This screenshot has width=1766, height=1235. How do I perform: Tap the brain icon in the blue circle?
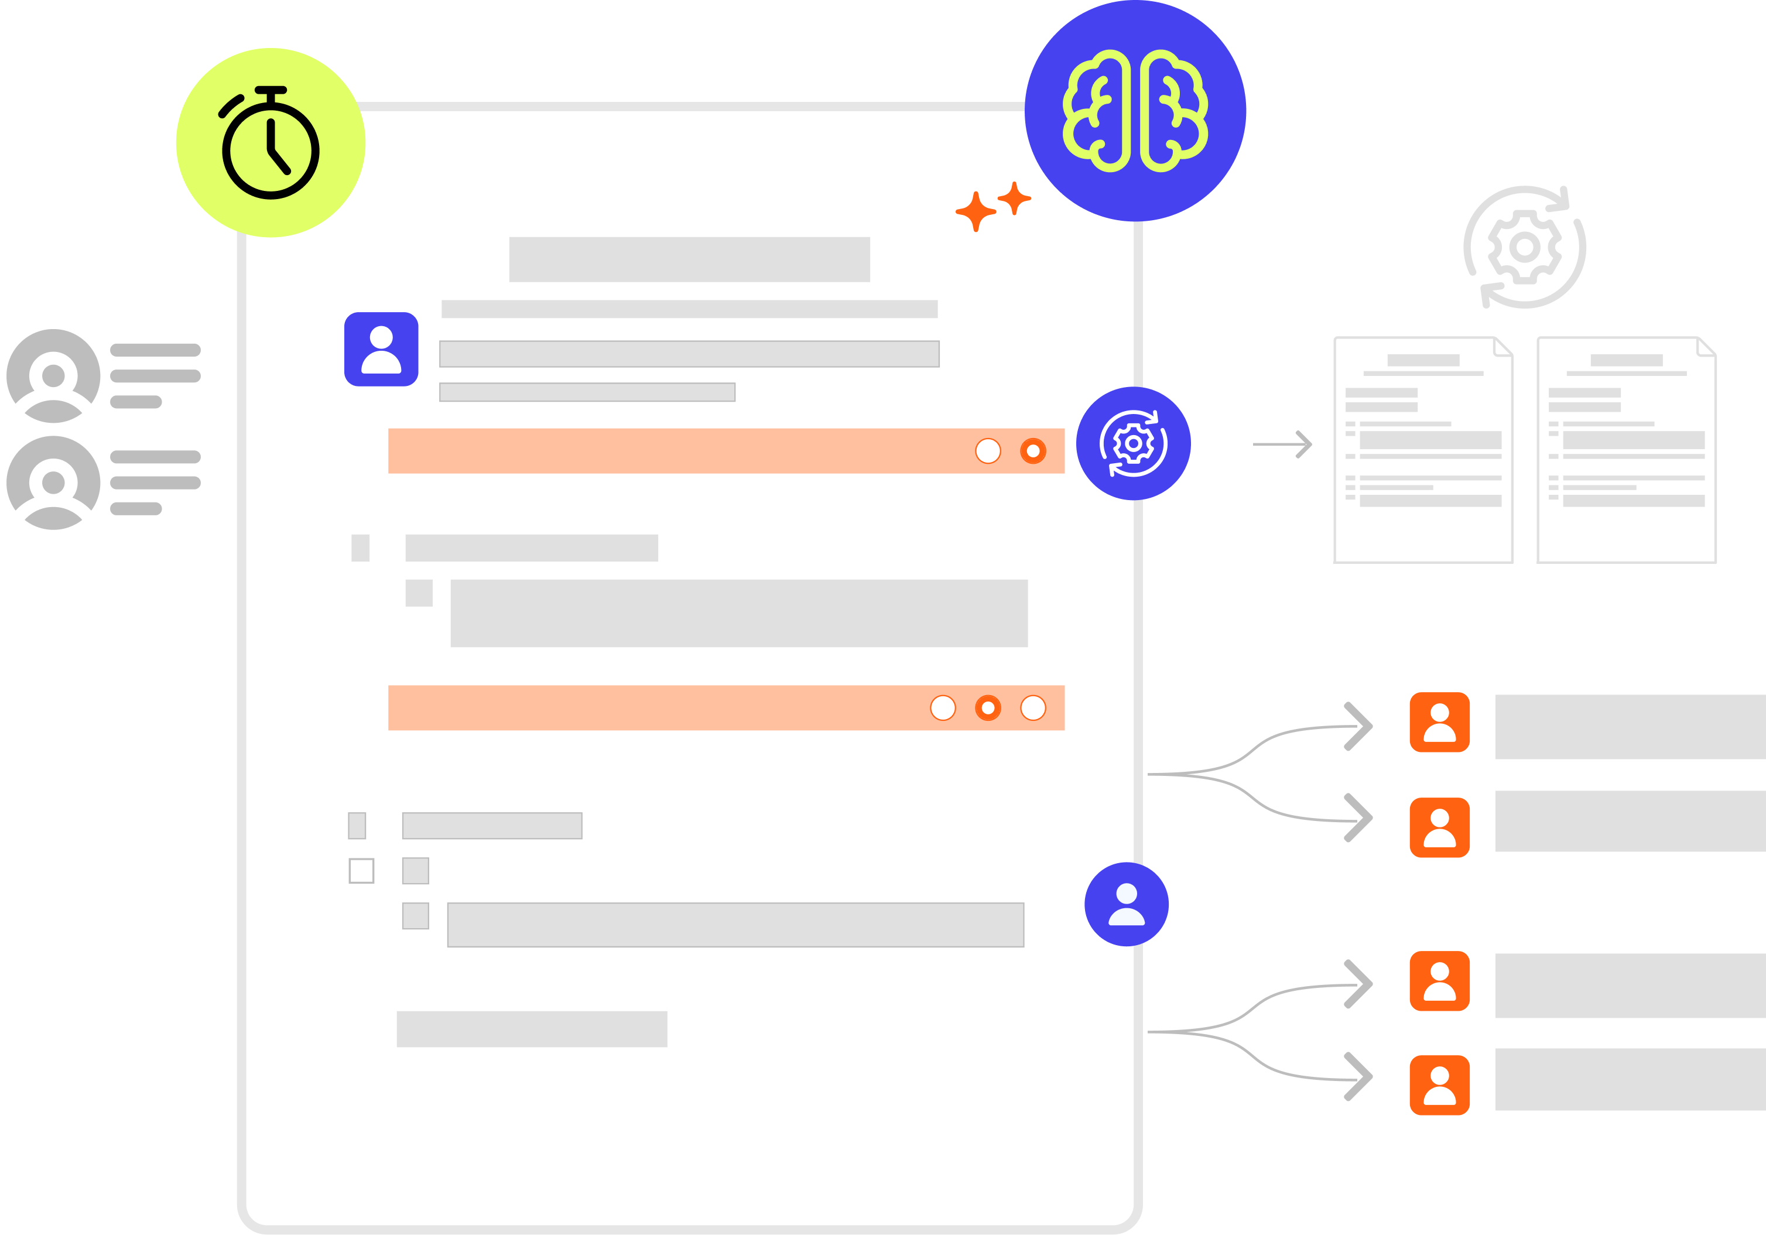[x=1135, y=111]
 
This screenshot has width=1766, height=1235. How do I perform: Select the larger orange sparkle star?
[x=976, y=211]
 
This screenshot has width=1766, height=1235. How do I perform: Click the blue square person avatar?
[x=381, y=349]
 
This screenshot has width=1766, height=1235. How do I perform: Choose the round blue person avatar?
[x=1126, y=904]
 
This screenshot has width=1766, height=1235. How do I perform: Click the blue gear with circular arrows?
[x=1133, y=444]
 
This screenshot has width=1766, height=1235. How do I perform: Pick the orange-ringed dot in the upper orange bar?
[x=1033, y=451]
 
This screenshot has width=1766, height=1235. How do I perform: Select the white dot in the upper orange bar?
[x=988, y=451]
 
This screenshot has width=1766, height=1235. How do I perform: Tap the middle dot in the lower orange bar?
[x=988, y=707]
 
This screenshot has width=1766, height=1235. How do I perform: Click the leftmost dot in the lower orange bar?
[x=943, y=707]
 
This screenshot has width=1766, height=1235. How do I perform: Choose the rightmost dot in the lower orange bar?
[x=1033, y=707]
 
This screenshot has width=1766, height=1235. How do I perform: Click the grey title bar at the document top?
[x=689, y=260]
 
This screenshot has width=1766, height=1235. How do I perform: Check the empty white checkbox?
[x=361, y=871]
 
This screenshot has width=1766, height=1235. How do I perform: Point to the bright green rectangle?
[x=1256, y=530]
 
